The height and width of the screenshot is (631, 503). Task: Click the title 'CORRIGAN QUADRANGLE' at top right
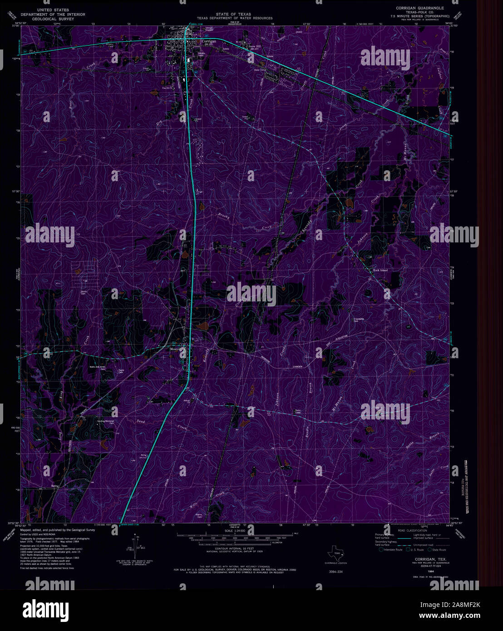pyautogui.click(x=420, y=9)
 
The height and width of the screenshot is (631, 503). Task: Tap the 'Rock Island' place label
pyautogui.click(x=380, y=271)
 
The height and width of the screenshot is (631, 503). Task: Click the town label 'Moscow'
pyautogui.click(x=176, y=350)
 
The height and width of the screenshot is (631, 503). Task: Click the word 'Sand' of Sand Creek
pyautogui.click(x=141, y=422)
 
